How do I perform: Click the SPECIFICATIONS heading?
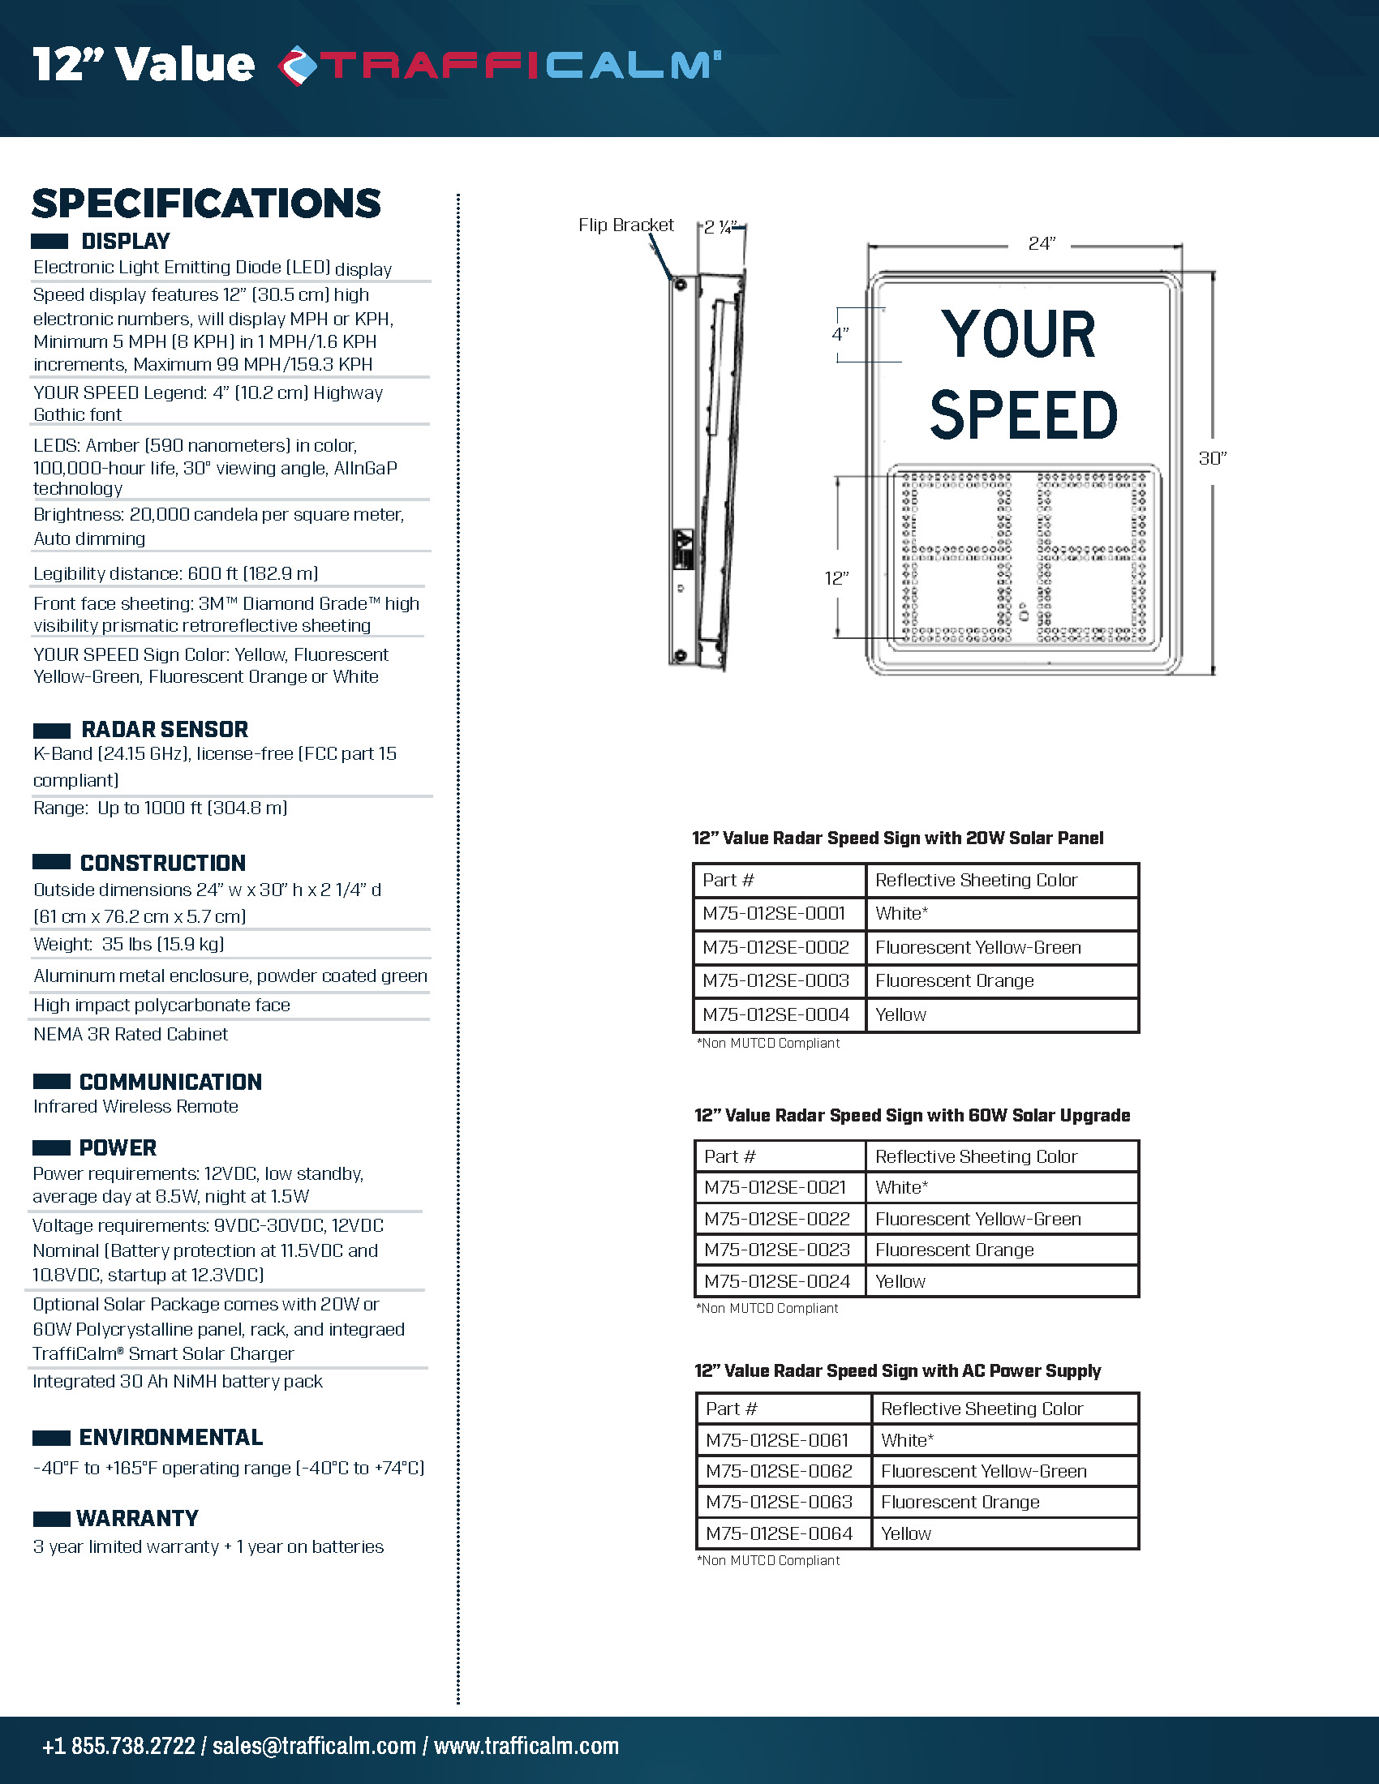pyautogui.click(x=206, y=204)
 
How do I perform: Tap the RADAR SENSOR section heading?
pyautogui.click(x=164, y=730)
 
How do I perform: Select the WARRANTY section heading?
pyautogui.click(x=137, y=1519)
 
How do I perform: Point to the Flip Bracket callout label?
pyautogui.click(x=625, y=225)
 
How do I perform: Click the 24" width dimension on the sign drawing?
pyautogui.click(x=1042, y=243)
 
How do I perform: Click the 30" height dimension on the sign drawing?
pyautogui.click(x=1213, y=458)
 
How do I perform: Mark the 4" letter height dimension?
pyautogui.click(x=840, y=334)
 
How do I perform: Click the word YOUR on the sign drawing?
pyautogui.click(x=1018, y=335)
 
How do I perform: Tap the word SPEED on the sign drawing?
pyautogui.click(x=1024, y=415)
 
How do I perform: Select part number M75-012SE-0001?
pyautogui.click(x=774, y=913)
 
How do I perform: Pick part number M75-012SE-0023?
pyautogui.click(x=777, y=1250)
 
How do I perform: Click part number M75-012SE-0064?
pyautogui.click(x=779, y=1533)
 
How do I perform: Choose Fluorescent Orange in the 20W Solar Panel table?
pyautogui.click(x=954, y=980)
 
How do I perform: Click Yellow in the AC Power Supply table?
pyautogui.click(x=906, y=1533)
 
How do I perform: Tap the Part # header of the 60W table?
pyautogui.click(x=729, y=1156)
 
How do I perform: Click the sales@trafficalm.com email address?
pyautogui.click(x=315, y=1746)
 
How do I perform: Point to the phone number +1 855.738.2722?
pyautogui.click(x=118, y=1746)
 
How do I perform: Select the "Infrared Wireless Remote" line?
pyautogui.click(x=135, y=1107)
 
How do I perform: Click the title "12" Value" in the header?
pyautogui.click(x=144, y=65)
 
